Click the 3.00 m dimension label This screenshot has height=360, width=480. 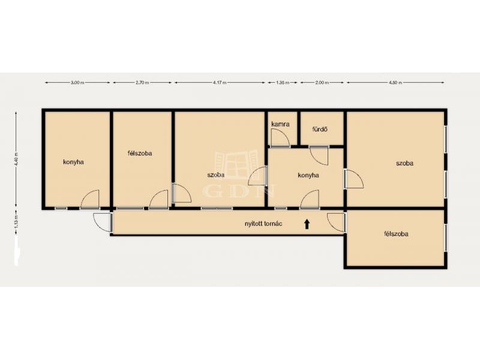(77, 82)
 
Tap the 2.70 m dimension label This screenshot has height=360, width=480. (142, 82)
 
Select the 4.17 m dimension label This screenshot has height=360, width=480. (220, 82)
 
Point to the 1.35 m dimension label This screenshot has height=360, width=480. (283, 82)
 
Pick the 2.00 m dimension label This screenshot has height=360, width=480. (322, 82)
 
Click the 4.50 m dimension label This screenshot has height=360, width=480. (395, 82)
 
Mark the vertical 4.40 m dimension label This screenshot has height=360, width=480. (16, 159)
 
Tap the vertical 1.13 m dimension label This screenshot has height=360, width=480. (16, 221)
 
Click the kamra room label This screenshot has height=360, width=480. (280, 124)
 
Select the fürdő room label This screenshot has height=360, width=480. (320, 129)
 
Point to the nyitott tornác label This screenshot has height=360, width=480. (263, 223)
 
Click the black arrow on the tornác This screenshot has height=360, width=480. (307, 224)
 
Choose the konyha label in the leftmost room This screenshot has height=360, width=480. (73, 162)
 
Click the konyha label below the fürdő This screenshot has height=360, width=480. (308, 175)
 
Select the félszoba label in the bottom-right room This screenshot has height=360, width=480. (396, 234)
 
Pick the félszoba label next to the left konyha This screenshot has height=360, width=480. (140, 153)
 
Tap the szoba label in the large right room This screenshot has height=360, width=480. (404, 163)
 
